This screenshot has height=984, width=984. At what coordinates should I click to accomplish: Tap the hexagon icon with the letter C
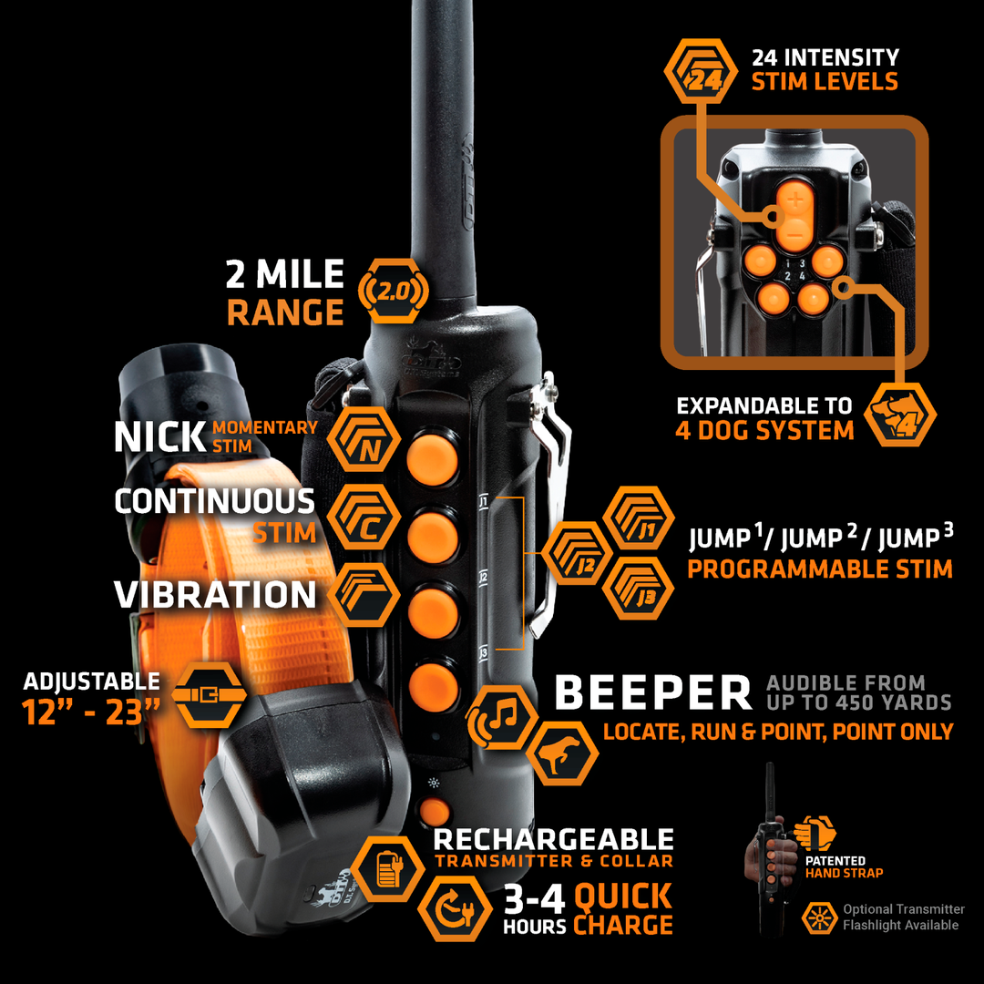(364, 518)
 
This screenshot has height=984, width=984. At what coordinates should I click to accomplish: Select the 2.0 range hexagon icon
(394, 292)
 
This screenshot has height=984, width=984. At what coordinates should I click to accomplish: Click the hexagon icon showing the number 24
(701, 71)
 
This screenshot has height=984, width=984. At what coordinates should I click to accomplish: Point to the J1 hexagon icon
(638, 518)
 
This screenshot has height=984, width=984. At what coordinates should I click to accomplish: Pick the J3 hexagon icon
(638, 589)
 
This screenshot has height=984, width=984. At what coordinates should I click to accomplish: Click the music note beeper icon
(502, 717)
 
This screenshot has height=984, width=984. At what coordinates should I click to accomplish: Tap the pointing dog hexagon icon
(561, 753)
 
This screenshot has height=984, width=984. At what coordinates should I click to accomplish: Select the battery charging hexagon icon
(388, 869)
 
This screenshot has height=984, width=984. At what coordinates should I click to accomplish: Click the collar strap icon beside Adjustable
(209, 694)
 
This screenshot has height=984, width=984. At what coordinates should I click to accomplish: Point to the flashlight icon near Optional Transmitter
(819, 917)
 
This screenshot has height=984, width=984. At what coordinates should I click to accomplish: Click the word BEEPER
(653, 692)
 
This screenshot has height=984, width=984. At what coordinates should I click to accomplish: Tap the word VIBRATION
(215, 595)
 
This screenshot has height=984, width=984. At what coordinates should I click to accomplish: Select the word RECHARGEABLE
(554, 839)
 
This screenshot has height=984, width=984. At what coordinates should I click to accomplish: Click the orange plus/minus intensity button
(794, 216)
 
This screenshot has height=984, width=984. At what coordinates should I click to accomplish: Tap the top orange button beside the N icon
(433, 456)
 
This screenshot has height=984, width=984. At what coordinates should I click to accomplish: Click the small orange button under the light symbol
(435, 813)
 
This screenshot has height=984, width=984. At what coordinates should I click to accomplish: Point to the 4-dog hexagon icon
(900, 415)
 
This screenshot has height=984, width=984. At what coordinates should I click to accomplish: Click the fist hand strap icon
(815, 834)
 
